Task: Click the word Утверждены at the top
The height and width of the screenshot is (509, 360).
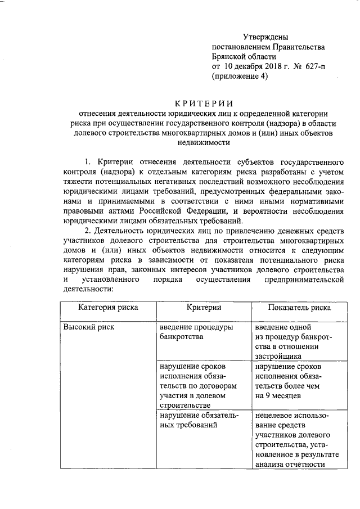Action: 259,37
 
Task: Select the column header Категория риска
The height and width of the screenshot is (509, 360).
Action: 107,307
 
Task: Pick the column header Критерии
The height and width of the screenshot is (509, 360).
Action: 203,307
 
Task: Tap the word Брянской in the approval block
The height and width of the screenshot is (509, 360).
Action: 228,57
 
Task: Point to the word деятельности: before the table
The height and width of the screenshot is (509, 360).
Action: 89,289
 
